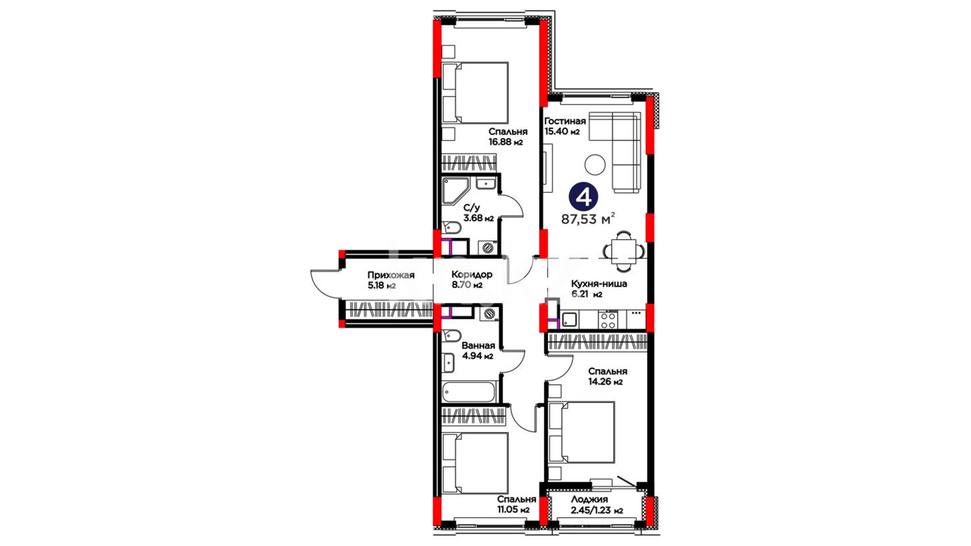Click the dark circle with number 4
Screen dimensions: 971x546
584,197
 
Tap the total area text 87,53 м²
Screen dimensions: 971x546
588,219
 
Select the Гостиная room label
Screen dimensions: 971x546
565,121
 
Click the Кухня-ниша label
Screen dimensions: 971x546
599,284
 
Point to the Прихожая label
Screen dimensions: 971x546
391,275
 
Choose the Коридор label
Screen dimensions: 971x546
472,275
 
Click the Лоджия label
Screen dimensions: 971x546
590,499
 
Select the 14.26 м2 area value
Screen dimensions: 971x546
605,382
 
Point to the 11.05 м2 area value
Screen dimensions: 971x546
513,510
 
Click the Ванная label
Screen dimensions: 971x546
478,346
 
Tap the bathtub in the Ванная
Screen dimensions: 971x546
469,392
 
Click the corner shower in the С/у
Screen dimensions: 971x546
457,191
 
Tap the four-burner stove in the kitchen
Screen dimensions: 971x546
608,318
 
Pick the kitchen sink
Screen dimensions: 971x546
569,320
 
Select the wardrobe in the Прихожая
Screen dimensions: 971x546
388,310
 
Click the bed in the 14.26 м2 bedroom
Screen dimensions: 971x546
582,432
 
